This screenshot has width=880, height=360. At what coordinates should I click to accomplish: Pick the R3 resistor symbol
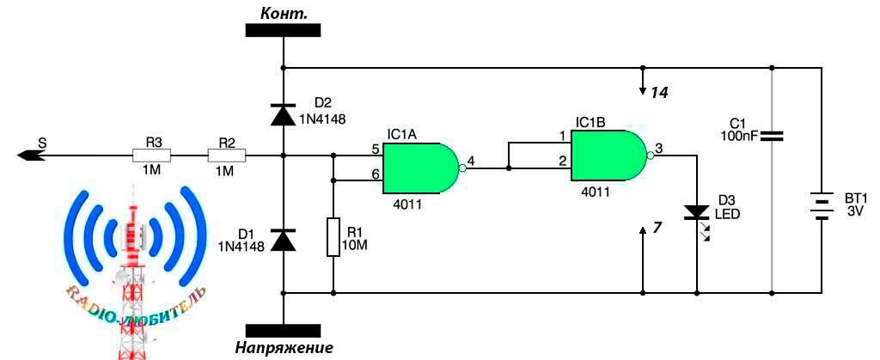pos(151,156)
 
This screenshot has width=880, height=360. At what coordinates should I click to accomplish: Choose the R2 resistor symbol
pos(227,156)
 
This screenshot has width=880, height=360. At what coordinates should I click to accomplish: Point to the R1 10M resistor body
pos(333,237)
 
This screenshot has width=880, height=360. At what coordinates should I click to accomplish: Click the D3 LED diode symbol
pos(695,213)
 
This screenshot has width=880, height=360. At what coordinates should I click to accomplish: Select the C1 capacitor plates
pos(771,135)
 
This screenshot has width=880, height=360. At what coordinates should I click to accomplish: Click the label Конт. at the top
pos(283,11)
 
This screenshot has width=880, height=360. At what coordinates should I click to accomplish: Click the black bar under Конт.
pos(283,30)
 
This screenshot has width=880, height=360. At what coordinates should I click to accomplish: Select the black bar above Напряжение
pos(283,330)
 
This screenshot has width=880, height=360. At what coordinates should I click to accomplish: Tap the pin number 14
pos(659,92)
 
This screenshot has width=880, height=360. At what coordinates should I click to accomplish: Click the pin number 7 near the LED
pos(657,229)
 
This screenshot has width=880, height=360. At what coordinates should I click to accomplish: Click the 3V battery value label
pos(855,211)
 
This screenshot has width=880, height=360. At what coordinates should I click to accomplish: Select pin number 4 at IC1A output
pos(470,158)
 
